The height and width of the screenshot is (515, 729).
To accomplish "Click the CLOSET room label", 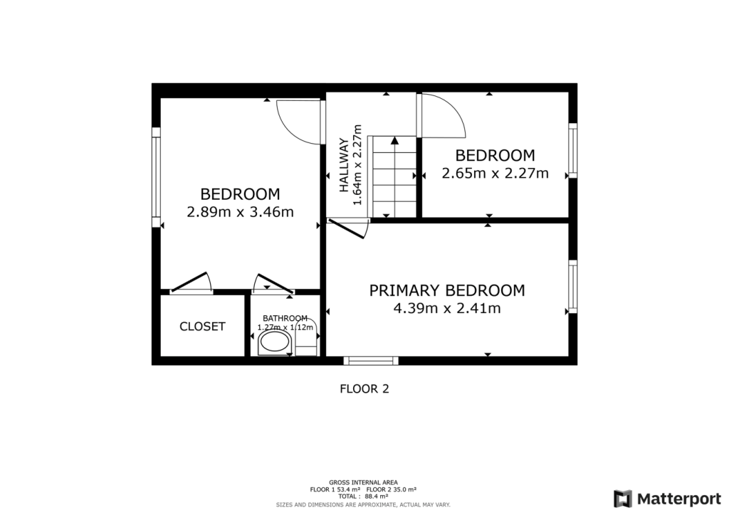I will [202, 326].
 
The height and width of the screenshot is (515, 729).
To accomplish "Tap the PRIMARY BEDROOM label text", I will [446, 290].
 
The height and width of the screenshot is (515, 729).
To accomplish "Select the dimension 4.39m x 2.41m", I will [446, 309].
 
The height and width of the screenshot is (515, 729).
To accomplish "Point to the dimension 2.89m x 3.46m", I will [240, 212].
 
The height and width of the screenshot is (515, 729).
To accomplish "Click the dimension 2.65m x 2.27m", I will [495, 173].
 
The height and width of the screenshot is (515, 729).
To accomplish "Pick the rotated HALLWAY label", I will [345, 165].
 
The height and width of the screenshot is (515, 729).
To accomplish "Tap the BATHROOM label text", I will [285, 318].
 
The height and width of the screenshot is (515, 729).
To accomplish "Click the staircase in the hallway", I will [393, 176].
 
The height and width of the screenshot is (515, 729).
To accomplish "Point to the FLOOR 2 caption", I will [364, 389].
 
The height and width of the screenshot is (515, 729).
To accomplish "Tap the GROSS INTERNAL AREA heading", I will [363, 482].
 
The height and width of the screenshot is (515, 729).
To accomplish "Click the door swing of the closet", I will [192, 283].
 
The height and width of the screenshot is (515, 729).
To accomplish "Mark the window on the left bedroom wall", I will [156, 176].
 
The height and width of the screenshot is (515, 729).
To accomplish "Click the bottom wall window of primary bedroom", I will [368, 360].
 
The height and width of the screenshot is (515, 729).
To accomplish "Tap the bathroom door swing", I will [274, 283].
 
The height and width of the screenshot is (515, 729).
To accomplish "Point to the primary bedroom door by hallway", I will [349, 228].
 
